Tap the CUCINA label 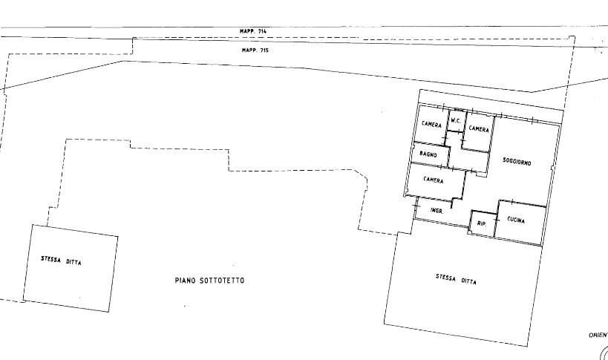tap(516, 220)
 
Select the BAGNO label tap(427, 154)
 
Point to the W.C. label tap(456, 120)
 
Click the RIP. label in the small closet tap(481, 223)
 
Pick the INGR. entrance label tap(437, 211)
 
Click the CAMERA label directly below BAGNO tap(433, 181)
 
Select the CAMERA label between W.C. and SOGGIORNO tap(477, 129)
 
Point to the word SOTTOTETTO tap(221, 281)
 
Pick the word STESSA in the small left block tap(51, 259)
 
